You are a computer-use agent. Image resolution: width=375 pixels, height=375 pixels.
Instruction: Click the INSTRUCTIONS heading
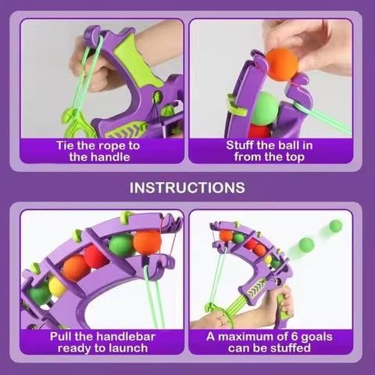point(187,187)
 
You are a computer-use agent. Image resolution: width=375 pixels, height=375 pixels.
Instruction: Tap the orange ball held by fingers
point(282,65)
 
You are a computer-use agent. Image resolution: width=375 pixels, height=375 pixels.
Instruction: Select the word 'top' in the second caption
point(295,157)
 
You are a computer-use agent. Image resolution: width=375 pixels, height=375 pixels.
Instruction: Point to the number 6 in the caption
point(294,337)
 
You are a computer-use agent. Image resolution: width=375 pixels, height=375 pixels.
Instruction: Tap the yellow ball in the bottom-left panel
point(57,287)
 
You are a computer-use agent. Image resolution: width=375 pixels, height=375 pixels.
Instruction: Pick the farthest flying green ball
point(335,226)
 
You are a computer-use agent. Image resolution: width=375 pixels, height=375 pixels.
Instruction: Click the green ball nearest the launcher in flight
point(306,245)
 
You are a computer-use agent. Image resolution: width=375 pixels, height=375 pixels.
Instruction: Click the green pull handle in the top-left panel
point(76,123)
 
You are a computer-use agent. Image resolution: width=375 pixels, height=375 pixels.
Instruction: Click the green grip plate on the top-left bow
point(135,61)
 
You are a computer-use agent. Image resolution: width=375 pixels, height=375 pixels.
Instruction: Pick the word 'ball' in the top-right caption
point(287,145)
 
